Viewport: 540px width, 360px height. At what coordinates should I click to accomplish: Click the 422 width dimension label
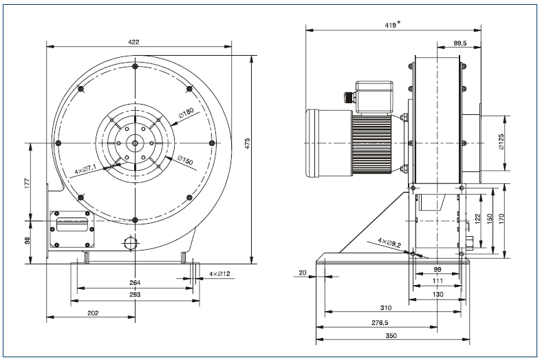coord(133,42)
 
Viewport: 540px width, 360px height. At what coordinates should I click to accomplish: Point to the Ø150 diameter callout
coord(184,160)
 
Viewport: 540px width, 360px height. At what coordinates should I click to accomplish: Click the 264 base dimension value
coord(135,282)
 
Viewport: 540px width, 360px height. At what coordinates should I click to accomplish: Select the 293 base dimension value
coord(135,295)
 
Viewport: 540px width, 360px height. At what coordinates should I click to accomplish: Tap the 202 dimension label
coord(93,313)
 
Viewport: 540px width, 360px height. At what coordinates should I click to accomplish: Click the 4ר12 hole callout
coord(219,275)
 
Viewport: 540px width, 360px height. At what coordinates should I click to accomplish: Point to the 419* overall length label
coord(393,25)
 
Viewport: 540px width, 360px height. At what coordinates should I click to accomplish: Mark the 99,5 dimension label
coord(460,43)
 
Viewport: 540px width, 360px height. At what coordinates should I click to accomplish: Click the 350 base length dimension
coord(392,335)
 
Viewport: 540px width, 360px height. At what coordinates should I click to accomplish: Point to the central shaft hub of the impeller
coord(135,143)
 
